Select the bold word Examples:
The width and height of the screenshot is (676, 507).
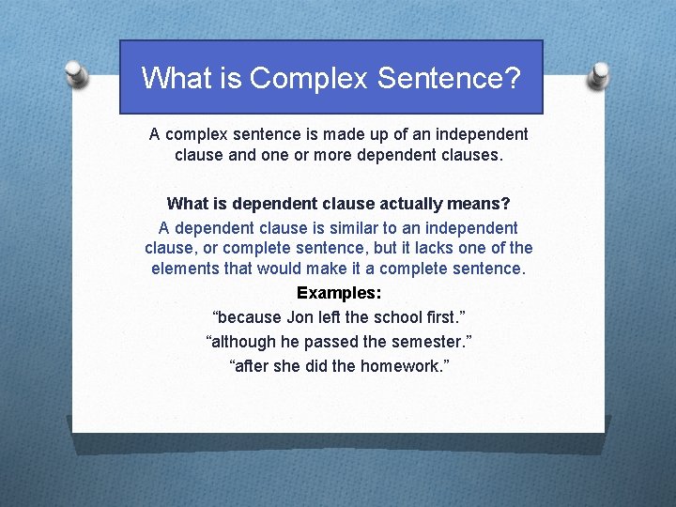pyautogui.click(x=339, y=292)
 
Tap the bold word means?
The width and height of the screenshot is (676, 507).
pyautogui.click(x=482, y=204)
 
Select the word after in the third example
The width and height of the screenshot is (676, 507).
pyautogui.click(x=252, y=365)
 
